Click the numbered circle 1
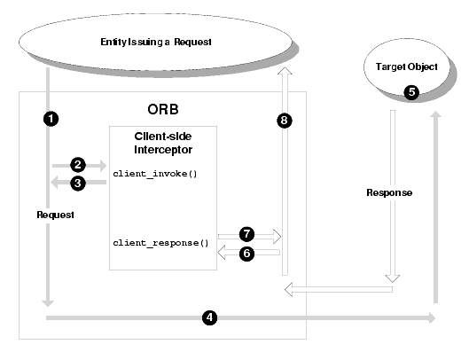tap(51, 119)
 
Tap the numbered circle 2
tap(78, 165)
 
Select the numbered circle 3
tap(78, 184)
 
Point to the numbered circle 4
tap(209, 317)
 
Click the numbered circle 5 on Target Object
tap(411, 92)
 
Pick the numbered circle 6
tap(246, 254)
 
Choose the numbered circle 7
tap(246, 234)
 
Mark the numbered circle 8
tap(285, 121)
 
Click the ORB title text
tap(163, 110)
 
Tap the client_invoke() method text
tap(155, 174)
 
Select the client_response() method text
tap(160, 243)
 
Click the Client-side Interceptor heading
tap(163, 143)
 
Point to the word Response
tap(389, 192)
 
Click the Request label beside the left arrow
tap(55, 215)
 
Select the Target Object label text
tap(407, 67)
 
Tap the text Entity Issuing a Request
tap(156, 42)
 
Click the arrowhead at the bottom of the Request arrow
tap(48, 303)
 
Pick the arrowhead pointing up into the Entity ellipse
tap(285, 71)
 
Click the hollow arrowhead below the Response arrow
tap(393, 278)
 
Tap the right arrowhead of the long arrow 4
tap(432, 317)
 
